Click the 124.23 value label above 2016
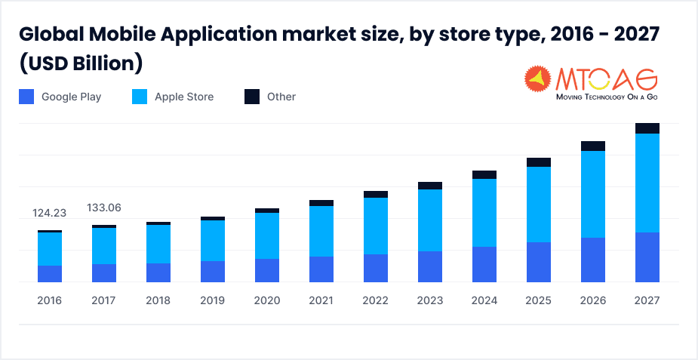(x=50, y=213)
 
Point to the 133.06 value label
(x=104, y=208)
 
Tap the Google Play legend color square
(x=26, y=97)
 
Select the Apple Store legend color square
(x=140, y=97)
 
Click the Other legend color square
(x=252, y=97)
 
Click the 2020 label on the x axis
(x=267, y=300)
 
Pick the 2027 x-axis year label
(x=647, y=300)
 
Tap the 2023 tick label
(x=430, y=300)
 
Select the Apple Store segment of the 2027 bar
(x=647, y=183)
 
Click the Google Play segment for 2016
(x=50, y=274)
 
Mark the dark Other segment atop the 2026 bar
(x=593, y=146)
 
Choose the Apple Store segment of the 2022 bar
(x=376, y=226)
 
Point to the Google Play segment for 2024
(x=484, y=264)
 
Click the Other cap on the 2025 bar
(x=539, y=162)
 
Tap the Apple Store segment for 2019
(x=213, y=241)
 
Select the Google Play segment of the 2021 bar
(x=321, y=269)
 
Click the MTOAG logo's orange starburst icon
(x=537, y=80)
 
